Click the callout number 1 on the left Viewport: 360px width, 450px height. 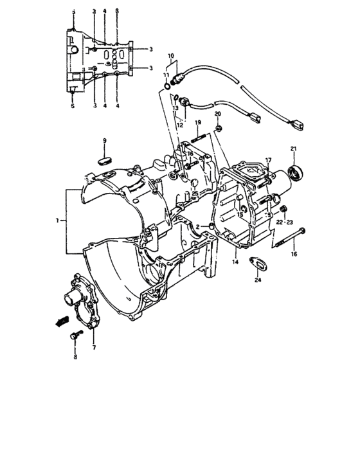click(x=58, y=221)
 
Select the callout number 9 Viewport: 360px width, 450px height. click(x=105, y=141)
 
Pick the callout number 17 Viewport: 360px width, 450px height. click(x=269, y=159)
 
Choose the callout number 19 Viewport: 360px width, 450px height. click(x=197, y=123)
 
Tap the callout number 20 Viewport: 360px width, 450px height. click(x=217, y=114)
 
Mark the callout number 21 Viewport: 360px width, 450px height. click(x=293, y=149)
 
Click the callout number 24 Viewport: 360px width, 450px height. click(x=258, y=280)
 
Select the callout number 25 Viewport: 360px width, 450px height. click(x=194, y=194)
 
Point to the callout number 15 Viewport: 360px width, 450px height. click(x=239, y=215)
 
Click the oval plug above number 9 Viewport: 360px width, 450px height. click(x=105, y=157)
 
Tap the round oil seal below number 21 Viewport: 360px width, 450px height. click(x=297, y=172)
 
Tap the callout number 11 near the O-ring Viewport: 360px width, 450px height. click(x=166, y=75)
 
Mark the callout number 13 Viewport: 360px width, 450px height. click(x=174, y=109)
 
